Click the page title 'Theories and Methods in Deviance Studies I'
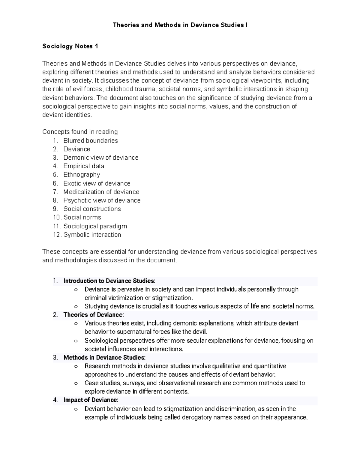(180, 25)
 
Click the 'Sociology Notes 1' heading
(70, 46)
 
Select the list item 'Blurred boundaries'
(91, 141)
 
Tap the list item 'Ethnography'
(82, 175)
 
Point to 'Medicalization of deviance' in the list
(101, 192)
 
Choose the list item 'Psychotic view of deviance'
(102, 200)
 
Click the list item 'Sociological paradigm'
(95, 226)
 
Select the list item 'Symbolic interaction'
(92, 235)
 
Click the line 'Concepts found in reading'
(80, 132)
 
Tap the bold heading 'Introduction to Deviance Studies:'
(109, 281)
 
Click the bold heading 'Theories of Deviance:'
(93, 315)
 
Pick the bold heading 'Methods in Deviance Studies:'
(104, 358)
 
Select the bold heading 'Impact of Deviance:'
(91, 400)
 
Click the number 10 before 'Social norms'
(56, 218)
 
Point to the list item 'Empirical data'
(84, 166)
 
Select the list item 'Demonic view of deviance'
(101, 158)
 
